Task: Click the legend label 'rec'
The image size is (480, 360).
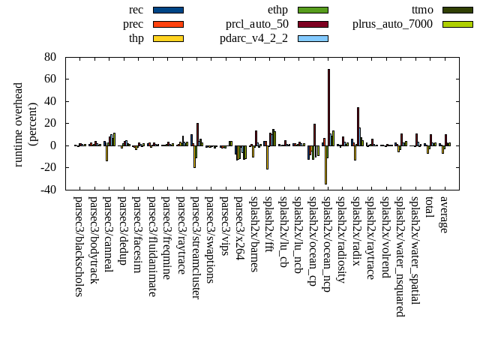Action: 136,10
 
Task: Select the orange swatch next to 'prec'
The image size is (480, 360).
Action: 168,24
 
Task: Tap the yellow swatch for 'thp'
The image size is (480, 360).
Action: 168,38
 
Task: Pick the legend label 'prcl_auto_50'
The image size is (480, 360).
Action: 257,24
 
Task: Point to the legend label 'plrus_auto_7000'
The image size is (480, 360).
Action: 392,24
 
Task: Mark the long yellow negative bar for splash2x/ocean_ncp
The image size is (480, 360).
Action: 325,164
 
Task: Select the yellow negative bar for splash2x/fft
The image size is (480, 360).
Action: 267,157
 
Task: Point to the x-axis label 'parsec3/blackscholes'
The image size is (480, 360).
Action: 79,246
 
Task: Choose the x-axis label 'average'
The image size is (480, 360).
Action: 443,214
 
